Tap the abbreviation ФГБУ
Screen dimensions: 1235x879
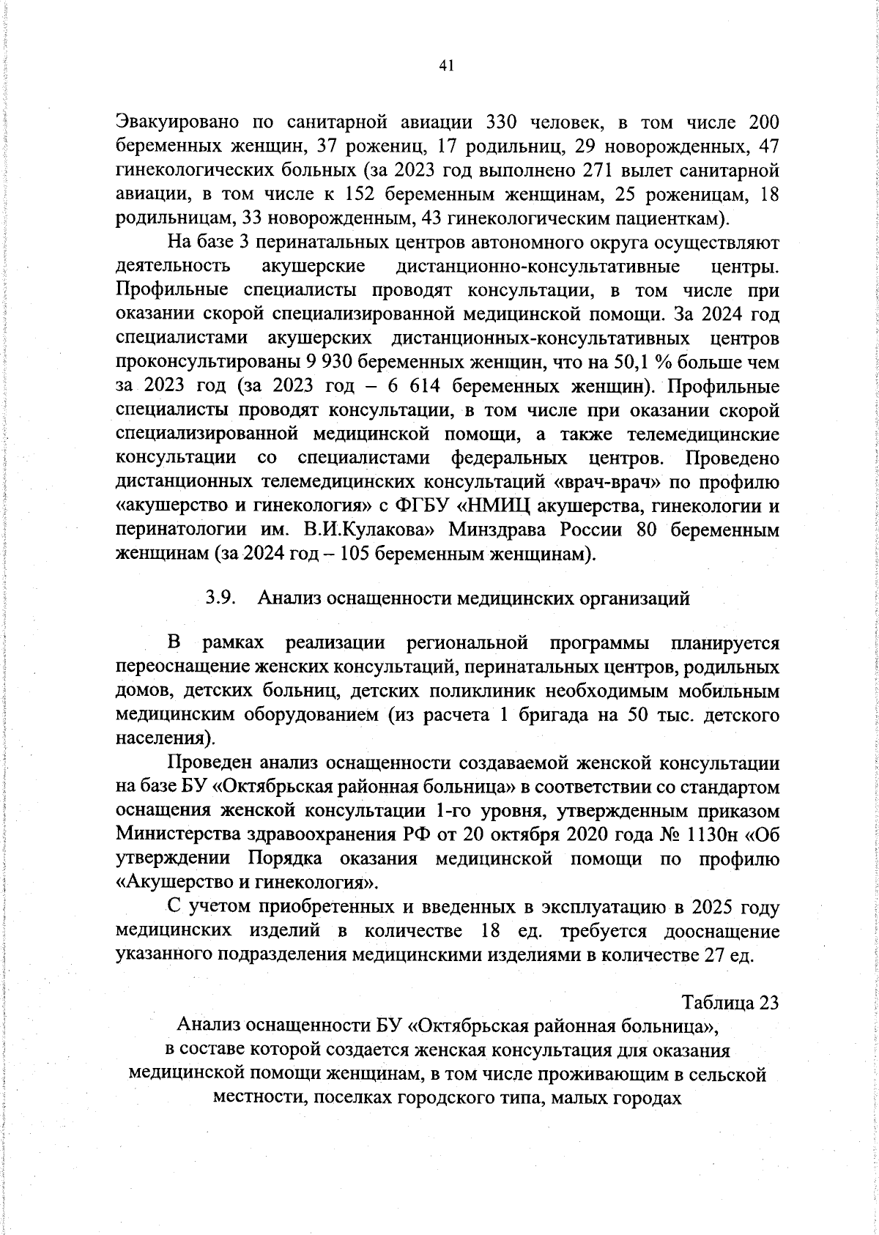[x=426, y=506]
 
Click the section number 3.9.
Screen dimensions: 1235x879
[x=220, y=598]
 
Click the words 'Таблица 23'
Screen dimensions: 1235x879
[x=730, y=1002]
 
